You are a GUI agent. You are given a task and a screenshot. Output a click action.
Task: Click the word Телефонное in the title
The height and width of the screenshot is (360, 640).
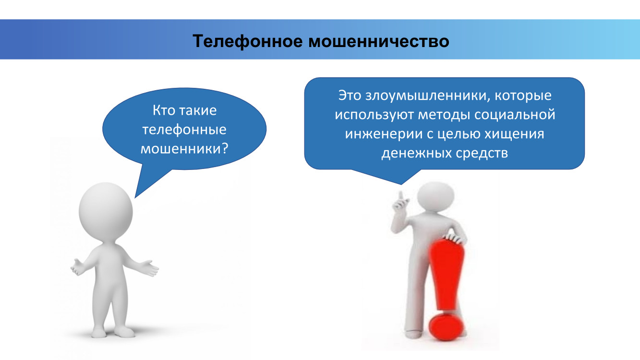[247, 41]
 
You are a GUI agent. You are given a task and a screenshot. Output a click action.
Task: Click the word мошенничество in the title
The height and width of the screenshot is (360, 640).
[379, 41]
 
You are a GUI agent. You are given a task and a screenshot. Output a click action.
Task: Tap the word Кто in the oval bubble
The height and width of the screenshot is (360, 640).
[164, 110]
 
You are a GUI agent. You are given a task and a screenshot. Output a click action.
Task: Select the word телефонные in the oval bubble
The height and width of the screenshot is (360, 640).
[184, 130]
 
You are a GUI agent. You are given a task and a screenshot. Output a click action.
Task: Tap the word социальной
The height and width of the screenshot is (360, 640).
[515, 115]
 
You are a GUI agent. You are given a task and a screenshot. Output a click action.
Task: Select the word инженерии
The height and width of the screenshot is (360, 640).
[384, 134]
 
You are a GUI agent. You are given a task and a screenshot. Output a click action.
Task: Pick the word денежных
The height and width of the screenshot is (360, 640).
[416, 153]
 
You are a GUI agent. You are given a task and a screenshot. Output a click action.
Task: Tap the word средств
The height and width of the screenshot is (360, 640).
[482, 153]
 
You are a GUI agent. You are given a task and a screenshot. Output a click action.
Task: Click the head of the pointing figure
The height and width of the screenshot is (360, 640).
[435, 197]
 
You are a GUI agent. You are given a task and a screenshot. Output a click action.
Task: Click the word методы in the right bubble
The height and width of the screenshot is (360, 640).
[444, 115]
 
